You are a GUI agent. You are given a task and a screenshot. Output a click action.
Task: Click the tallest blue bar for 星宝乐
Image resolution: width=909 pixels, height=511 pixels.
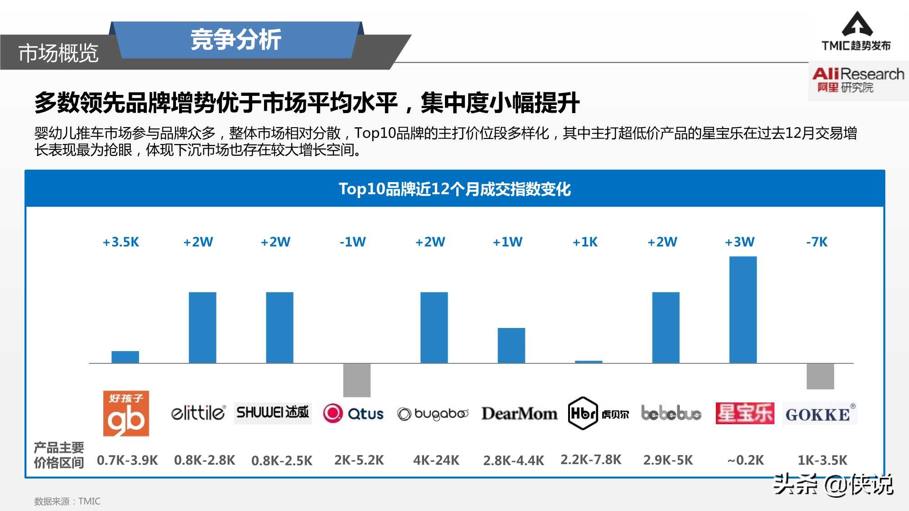pyautogui.click(x=743, y=310)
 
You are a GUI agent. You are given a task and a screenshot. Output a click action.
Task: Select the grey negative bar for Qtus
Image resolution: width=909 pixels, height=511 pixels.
pyautogui.click(x=357, y=380)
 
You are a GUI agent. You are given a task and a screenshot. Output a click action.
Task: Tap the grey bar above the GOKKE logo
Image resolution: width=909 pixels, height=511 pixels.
pyautogui.click(x=820, y=376)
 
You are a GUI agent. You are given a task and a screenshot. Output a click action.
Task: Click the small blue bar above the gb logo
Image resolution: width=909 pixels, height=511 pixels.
pyautogui.click(x=125, y=357)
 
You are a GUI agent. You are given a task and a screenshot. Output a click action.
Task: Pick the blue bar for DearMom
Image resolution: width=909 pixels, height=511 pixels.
pyautogui.click(x=511, y=345)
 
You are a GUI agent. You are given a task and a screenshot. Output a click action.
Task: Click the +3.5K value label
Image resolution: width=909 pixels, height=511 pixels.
pyautogui.click(x=121, y=242)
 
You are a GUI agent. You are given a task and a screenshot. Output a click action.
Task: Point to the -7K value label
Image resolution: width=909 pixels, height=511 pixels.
pyautogui.click(x=817, y=242)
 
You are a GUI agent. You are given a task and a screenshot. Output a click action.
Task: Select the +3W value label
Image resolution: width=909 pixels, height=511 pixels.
pyautogui.click(x=739, y=242)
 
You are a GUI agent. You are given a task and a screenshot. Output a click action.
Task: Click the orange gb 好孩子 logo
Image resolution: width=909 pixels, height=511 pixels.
pyautogui.click(x=126, y=413)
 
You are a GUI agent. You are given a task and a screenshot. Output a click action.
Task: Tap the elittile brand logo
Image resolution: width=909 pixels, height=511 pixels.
pyautogui.click(x=198, y=413)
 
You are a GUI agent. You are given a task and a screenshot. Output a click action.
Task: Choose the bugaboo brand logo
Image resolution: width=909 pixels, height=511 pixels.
pyautogui.click(x=432, y=414)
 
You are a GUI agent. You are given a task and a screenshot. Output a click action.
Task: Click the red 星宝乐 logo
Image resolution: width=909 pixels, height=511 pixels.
pyautogui.click(x=744, y=413)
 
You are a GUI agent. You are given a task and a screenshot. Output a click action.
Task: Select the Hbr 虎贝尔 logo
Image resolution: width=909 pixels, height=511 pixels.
pyautogui.click(x=598, y=413)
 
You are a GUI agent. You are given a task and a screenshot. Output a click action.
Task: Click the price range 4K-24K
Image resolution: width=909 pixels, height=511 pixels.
pyautogui.click(x=436, y=460)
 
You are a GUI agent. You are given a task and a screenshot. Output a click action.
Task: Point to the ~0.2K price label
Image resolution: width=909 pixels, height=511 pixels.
pyautogui.click(x=745, y=460)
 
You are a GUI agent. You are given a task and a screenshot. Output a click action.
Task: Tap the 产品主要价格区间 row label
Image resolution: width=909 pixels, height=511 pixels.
pyautogui.click(x=59, y=455)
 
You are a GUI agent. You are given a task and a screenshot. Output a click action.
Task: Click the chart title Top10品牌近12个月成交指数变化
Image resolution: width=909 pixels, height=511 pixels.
pyautogui.click(x=454, y=189)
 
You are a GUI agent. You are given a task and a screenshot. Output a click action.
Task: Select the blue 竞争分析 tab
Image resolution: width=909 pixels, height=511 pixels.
pyautogui.click(x=236, y=40)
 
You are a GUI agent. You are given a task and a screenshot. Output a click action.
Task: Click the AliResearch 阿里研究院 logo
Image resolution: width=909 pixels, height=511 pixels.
pyautogui.click(x=857, y=80)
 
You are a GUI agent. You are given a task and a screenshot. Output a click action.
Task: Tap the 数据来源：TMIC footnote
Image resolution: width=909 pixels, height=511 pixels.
pyautogui.click(x=67, y=501)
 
